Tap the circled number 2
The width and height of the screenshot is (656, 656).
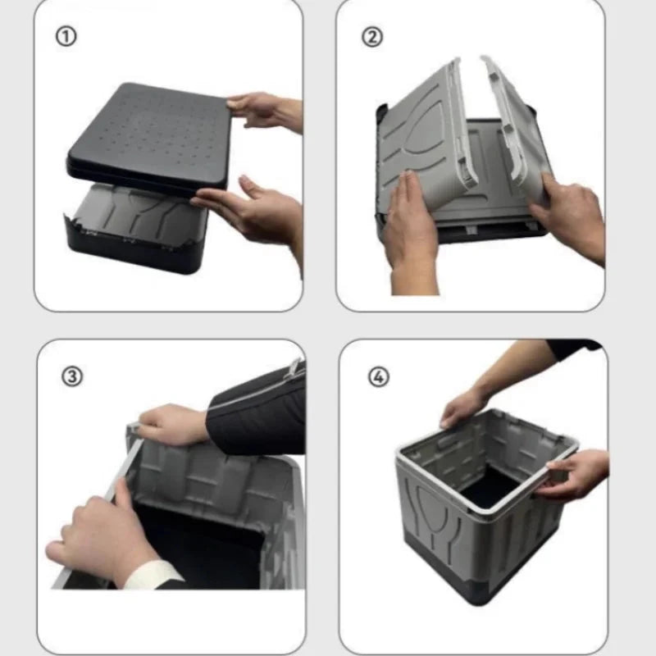[x=373, y=37]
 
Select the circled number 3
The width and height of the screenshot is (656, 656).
[x=72, y=376]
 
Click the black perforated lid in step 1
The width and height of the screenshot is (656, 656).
[x=148, y=135]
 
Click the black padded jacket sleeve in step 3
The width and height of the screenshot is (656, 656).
[x=258, y=410]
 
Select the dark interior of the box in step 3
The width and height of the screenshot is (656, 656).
[x=205, y=541]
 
